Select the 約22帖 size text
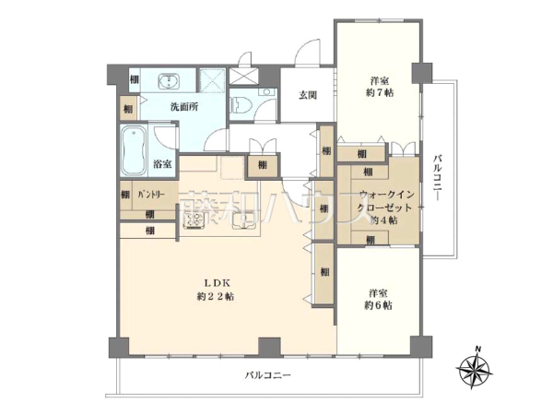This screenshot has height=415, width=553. pos(215,297)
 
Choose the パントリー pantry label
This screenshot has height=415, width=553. pos(151,195)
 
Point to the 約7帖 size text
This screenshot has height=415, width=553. pos(378,93)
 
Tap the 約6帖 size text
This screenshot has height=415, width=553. pos(377,304)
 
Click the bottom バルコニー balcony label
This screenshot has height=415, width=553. pos(268,375)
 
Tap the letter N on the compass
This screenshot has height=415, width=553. pos(477,348)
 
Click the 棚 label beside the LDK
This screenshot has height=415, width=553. pos(325,272)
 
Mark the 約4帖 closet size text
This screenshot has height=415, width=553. pos(377,222)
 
